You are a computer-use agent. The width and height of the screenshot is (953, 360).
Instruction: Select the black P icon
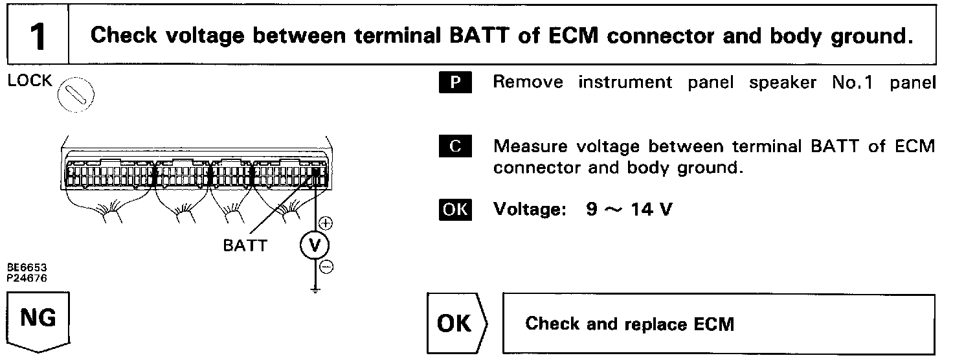pyautogui.click(x=456, y=83)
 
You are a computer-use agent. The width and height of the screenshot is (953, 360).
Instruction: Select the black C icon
pyautogui.click(x=456, y=146)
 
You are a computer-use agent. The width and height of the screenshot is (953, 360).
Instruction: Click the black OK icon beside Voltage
pyautogui.click(x=456, y=210)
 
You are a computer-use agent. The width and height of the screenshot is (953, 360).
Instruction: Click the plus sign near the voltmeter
pyautogui.click(x=327, y=224)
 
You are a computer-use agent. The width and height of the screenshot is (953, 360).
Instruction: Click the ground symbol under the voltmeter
pyautogui.click(x=315, y=289)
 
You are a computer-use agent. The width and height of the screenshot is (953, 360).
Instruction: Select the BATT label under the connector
pyautogui.click(x=245, y=247)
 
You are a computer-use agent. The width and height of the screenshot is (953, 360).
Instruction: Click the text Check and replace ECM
pyautogui.click(x=630, y=323)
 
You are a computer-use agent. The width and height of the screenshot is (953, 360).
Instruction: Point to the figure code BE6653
pyautogui.click(x=28, y=267)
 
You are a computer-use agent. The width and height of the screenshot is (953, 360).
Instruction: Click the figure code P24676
pyautogui.click(x=28, y=277)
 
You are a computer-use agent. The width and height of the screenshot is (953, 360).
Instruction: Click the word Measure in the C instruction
pyautogui.click(x=529, y=146)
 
